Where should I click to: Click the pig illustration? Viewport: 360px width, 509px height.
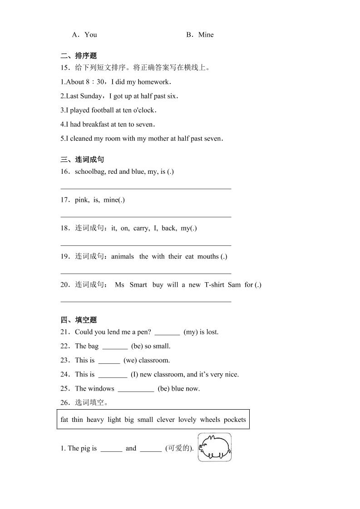tap(214, 447)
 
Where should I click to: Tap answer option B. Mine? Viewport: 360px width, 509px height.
tap(200, 34)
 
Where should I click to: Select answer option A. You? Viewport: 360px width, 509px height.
tap(84, 34)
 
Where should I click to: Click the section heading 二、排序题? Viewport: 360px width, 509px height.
tap(79, 56)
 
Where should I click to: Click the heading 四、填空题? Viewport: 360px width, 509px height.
tap(79, 320)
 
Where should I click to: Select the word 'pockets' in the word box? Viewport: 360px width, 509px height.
tap(235, 420)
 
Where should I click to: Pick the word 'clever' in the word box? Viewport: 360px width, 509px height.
tap(166, 420)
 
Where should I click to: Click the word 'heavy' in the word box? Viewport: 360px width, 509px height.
tap(95, 420)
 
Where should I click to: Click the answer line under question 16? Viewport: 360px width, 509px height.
tap(146, 188)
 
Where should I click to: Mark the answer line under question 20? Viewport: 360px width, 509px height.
tap(146, 301)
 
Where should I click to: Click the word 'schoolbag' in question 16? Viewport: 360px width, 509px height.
tap(90, 171)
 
